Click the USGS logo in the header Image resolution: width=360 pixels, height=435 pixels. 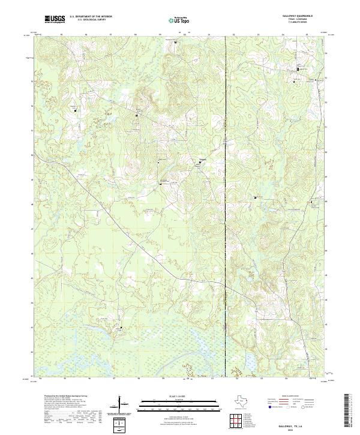pyautogui.click(x=55, y=19)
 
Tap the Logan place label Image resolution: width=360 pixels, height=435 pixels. pyautogui.click(x=202, y=159)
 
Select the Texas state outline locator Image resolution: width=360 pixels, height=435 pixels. pyautogui.click(x=238, y=401)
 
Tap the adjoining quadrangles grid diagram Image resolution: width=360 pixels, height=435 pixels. pyautogui.click(x=238, y=418)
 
